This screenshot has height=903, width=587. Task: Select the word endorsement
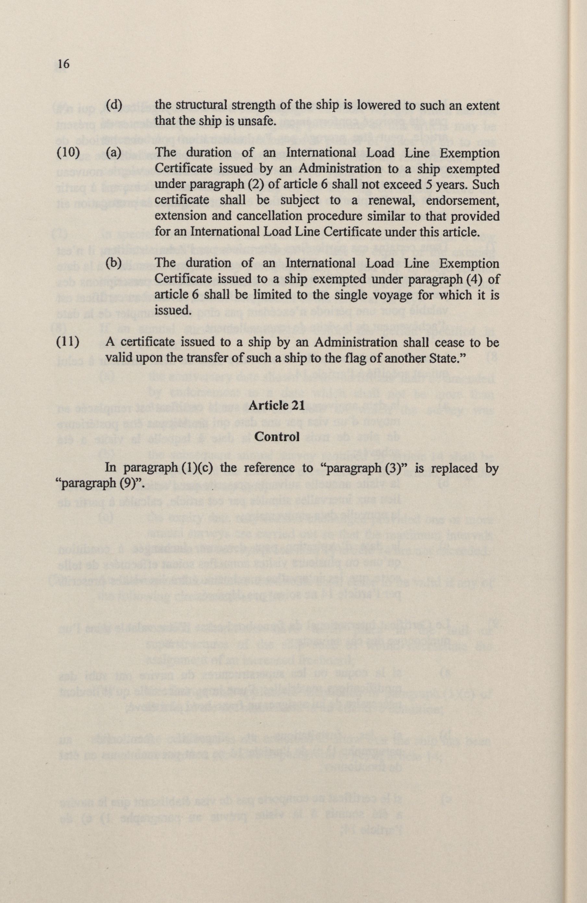pyautogui.click(x=463, y=200)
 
